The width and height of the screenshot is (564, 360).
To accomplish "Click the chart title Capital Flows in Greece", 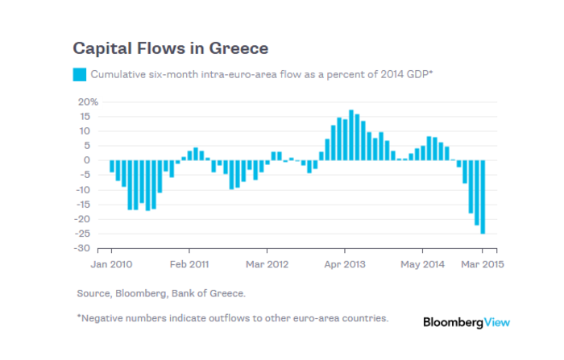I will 170,48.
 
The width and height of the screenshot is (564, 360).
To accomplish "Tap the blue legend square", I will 79,75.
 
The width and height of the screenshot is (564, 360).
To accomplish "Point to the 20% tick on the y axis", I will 87,102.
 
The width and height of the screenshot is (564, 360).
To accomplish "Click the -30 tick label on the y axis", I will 88,248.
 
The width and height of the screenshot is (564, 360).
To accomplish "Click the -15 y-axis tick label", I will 88,205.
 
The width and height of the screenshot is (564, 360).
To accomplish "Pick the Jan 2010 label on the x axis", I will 110,263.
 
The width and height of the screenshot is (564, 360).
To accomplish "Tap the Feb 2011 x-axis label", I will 189,263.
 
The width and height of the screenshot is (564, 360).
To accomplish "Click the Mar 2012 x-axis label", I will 266,263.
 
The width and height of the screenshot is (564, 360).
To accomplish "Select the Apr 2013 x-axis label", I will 345,263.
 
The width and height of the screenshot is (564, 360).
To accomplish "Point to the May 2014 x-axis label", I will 422,263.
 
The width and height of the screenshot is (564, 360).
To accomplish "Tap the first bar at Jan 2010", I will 112,166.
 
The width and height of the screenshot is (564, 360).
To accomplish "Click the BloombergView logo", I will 467,322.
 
